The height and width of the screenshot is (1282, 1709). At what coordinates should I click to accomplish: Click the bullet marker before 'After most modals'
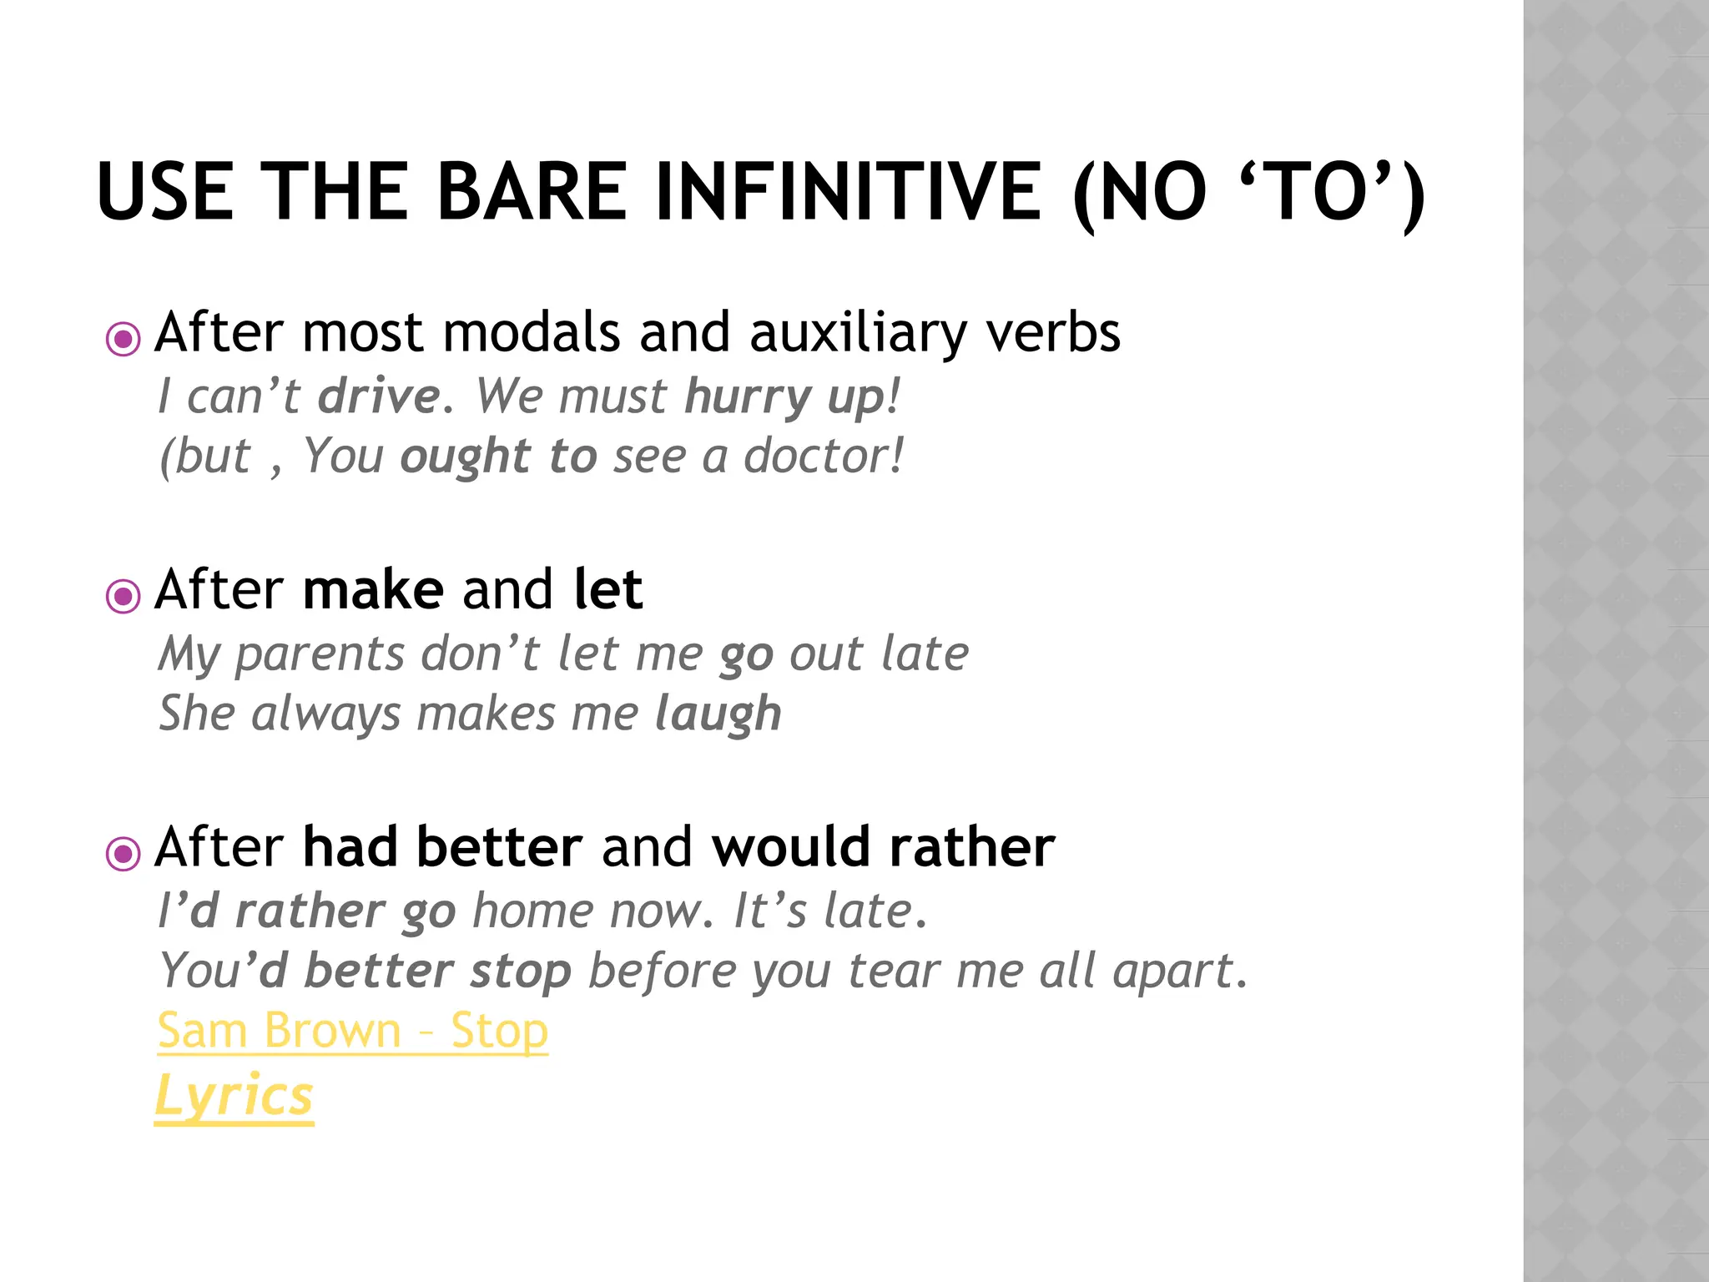pos(124,339)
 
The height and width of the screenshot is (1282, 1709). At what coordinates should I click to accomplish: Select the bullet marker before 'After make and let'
pos(124,596)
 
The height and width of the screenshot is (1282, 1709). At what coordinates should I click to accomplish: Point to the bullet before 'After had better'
pos(124,853)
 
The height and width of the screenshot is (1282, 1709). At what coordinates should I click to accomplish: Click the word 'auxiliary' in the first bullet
pos(858,334)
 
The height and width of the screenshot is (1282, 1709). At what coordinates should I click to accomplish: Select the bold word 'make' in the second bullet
pos(373,590)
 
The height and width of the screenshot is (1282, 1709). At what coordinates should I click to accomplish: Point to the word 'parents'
pos(320,655)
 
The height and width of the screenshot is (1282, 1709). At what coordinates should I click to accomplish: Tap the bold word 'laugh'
pos(718,715)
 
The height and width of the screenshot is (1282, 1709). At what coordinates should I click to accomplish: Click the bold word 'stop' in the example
pos(520,972)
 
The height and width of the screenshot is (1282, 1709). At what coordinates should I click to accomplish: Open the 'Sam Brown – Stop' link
pos(353,1032)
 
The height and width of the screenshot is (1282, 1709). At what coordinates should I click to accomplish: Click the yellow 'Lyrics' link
pos(234,1096)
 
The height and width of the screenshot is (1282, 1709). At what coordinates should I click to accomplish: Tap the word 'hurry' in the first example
pos(746,397)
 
